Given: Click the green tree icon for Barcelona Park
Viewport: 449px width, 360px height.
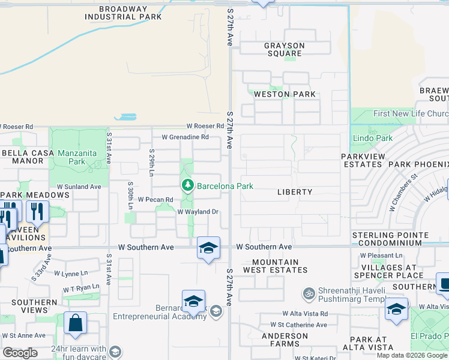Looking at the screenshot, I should click(188, 185).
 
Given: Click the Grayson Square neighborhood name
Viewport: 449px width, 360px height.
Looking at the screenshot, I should click(285, 50).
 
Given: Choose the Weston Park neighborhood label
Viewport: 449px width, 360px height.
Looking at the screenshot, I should click(285, 94).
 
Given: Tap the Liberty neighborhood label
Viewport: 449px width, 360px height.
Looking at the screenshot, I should click(295, 192).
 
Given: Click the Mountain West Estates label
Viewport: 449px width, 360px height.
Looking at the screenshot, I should click(276, 266).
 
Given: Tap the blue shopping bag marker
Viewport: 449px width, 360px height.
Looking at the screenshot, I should click(75, 324).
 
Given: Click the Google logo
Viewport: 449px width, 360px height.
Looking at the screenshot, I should click(20, 352).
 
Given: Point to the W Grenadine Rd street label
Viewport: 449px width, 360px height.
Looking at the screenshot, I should click(181, 137).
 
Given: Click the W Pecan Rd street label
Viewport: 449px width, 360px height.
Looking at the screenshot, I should click(155, 199).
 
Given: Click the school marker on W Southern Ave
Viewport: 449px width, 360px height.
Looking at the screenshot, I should click(208, 248).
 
